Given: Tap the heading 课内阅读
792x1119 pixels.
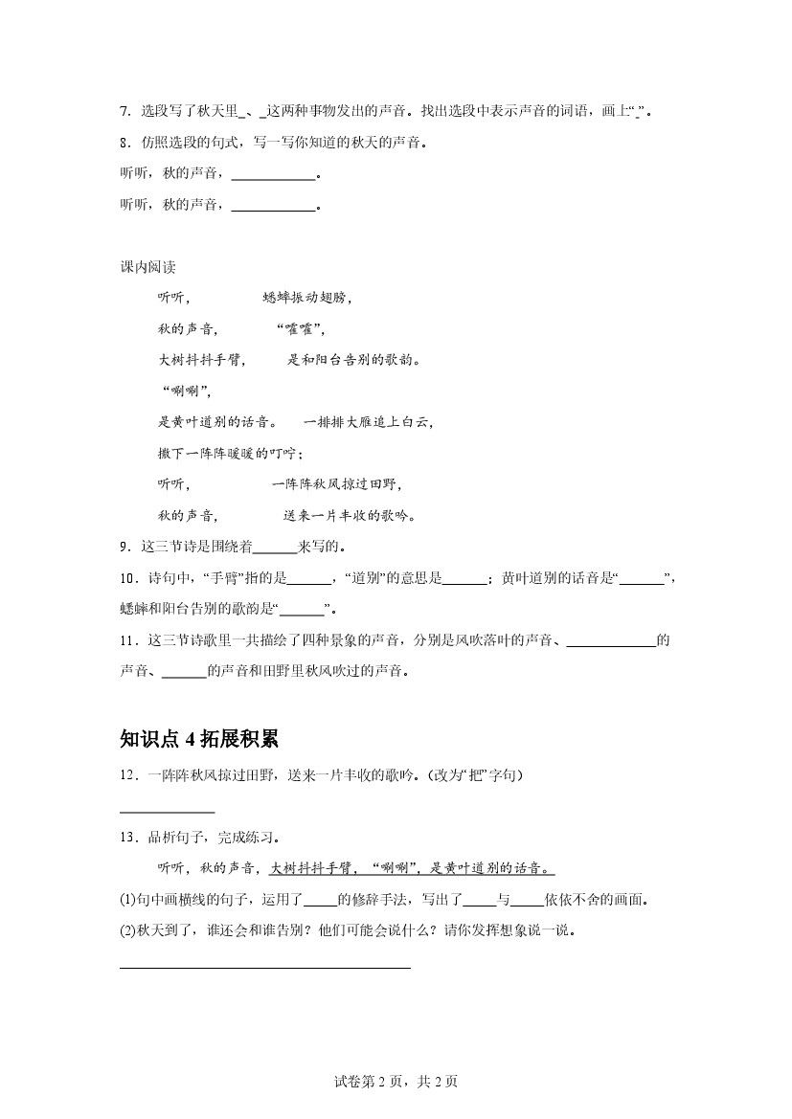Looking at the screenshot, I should click(x=147, y=267).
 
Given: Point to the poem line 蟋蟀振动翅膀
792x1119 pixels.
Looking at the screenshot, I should click(x=306, y=298).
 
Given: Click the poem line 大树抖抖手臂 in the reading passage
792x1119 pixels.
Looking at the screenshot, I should click(x=202, y=361).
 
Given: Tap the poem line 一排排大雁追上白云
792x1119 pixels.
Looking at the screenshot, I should click(x=368, y=422).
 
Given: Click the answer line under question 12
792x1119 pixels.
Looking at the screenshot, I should click(x=167, y=812).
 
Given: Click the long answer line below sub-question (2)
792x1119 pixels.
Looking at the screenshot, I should click(x=264, y=968).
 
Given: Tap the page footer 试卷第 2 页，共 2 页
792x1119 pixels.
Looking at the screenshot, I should click(x=396, y=1082).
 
